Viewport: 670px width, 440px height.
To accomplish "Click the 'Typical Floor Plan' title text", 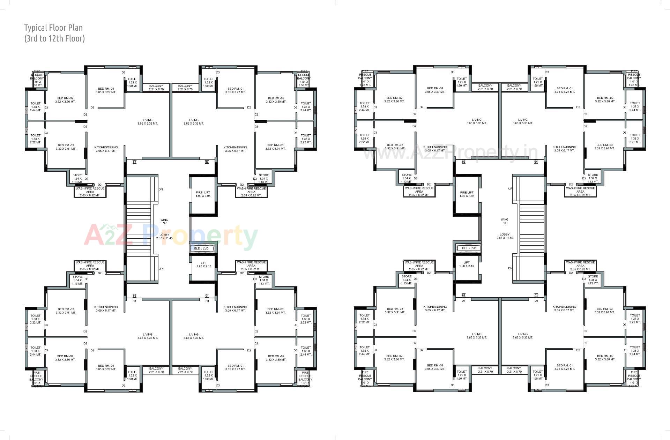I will point(53,28).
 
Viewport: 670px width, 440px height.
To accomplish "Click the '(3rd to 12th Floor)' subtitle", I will point(54,38).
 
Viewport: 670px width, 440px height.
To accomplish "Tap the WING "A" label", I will point(164,222).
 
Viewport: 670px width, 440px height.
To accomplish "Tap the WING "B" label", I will point(505,221).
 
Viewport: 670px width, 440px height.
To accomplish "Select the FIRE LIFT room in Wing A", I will point(203,194).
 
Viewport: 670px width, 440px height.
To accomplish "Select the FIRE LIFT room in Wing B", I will point(467,194).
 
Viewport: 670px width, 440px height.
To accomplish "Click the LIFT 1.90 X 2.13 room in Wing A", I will point(204,264).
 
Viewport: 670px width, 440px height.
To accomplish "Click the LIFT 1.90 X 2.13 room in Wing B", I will point(467,264).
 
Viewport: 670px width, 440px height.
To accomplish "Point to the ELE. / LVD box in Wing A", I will point(202,248).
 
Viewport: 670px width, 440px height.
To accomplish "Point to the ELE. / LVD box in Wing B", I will point(469,248).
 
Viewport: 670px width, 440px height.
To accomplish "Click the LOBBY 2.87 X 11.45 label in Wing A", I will point(164,237).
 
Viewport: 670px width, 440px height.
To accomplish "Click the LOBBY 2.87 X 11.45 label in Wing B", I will point(505,236).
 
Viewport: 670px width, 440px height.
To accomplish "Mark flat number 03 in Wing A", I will point(134,162).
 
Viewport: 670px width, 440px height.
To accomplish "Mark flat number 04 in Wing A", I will point(207,162).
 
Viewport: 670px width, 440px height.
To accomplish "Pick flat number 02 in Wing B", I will point(463,296).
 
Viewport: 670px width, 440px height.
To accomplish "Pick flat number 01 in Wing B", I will point(536,296).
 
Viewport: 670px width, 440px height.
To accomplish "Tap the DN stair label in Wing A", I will point(161,189).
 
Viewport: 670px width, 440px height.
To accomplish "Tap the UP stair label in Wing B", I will point(510,189).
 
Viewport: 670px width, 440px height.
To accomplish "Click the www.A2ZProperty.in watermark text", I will point(450,153).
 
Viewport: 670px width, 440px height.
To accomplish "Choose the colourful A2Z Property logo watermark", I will point(171,236).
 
